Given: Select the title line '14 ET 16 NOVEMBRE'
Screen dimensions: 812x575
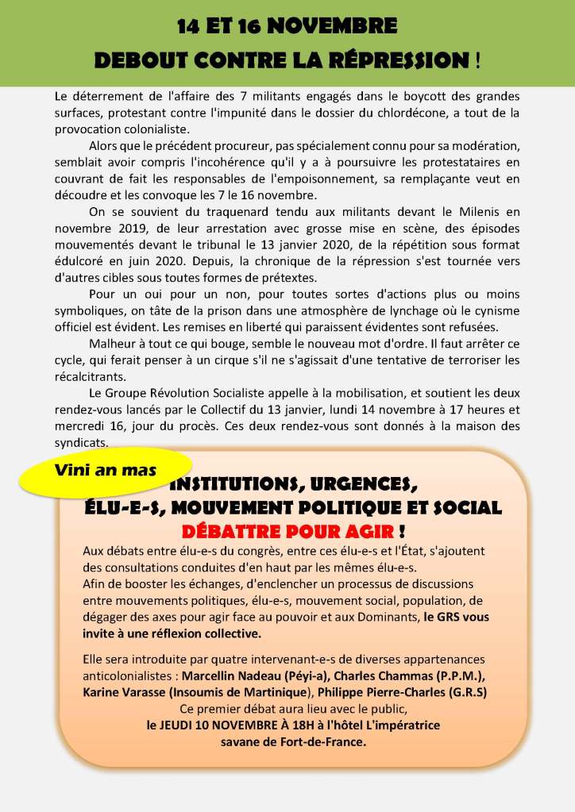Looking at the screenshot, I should (287, 27).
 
